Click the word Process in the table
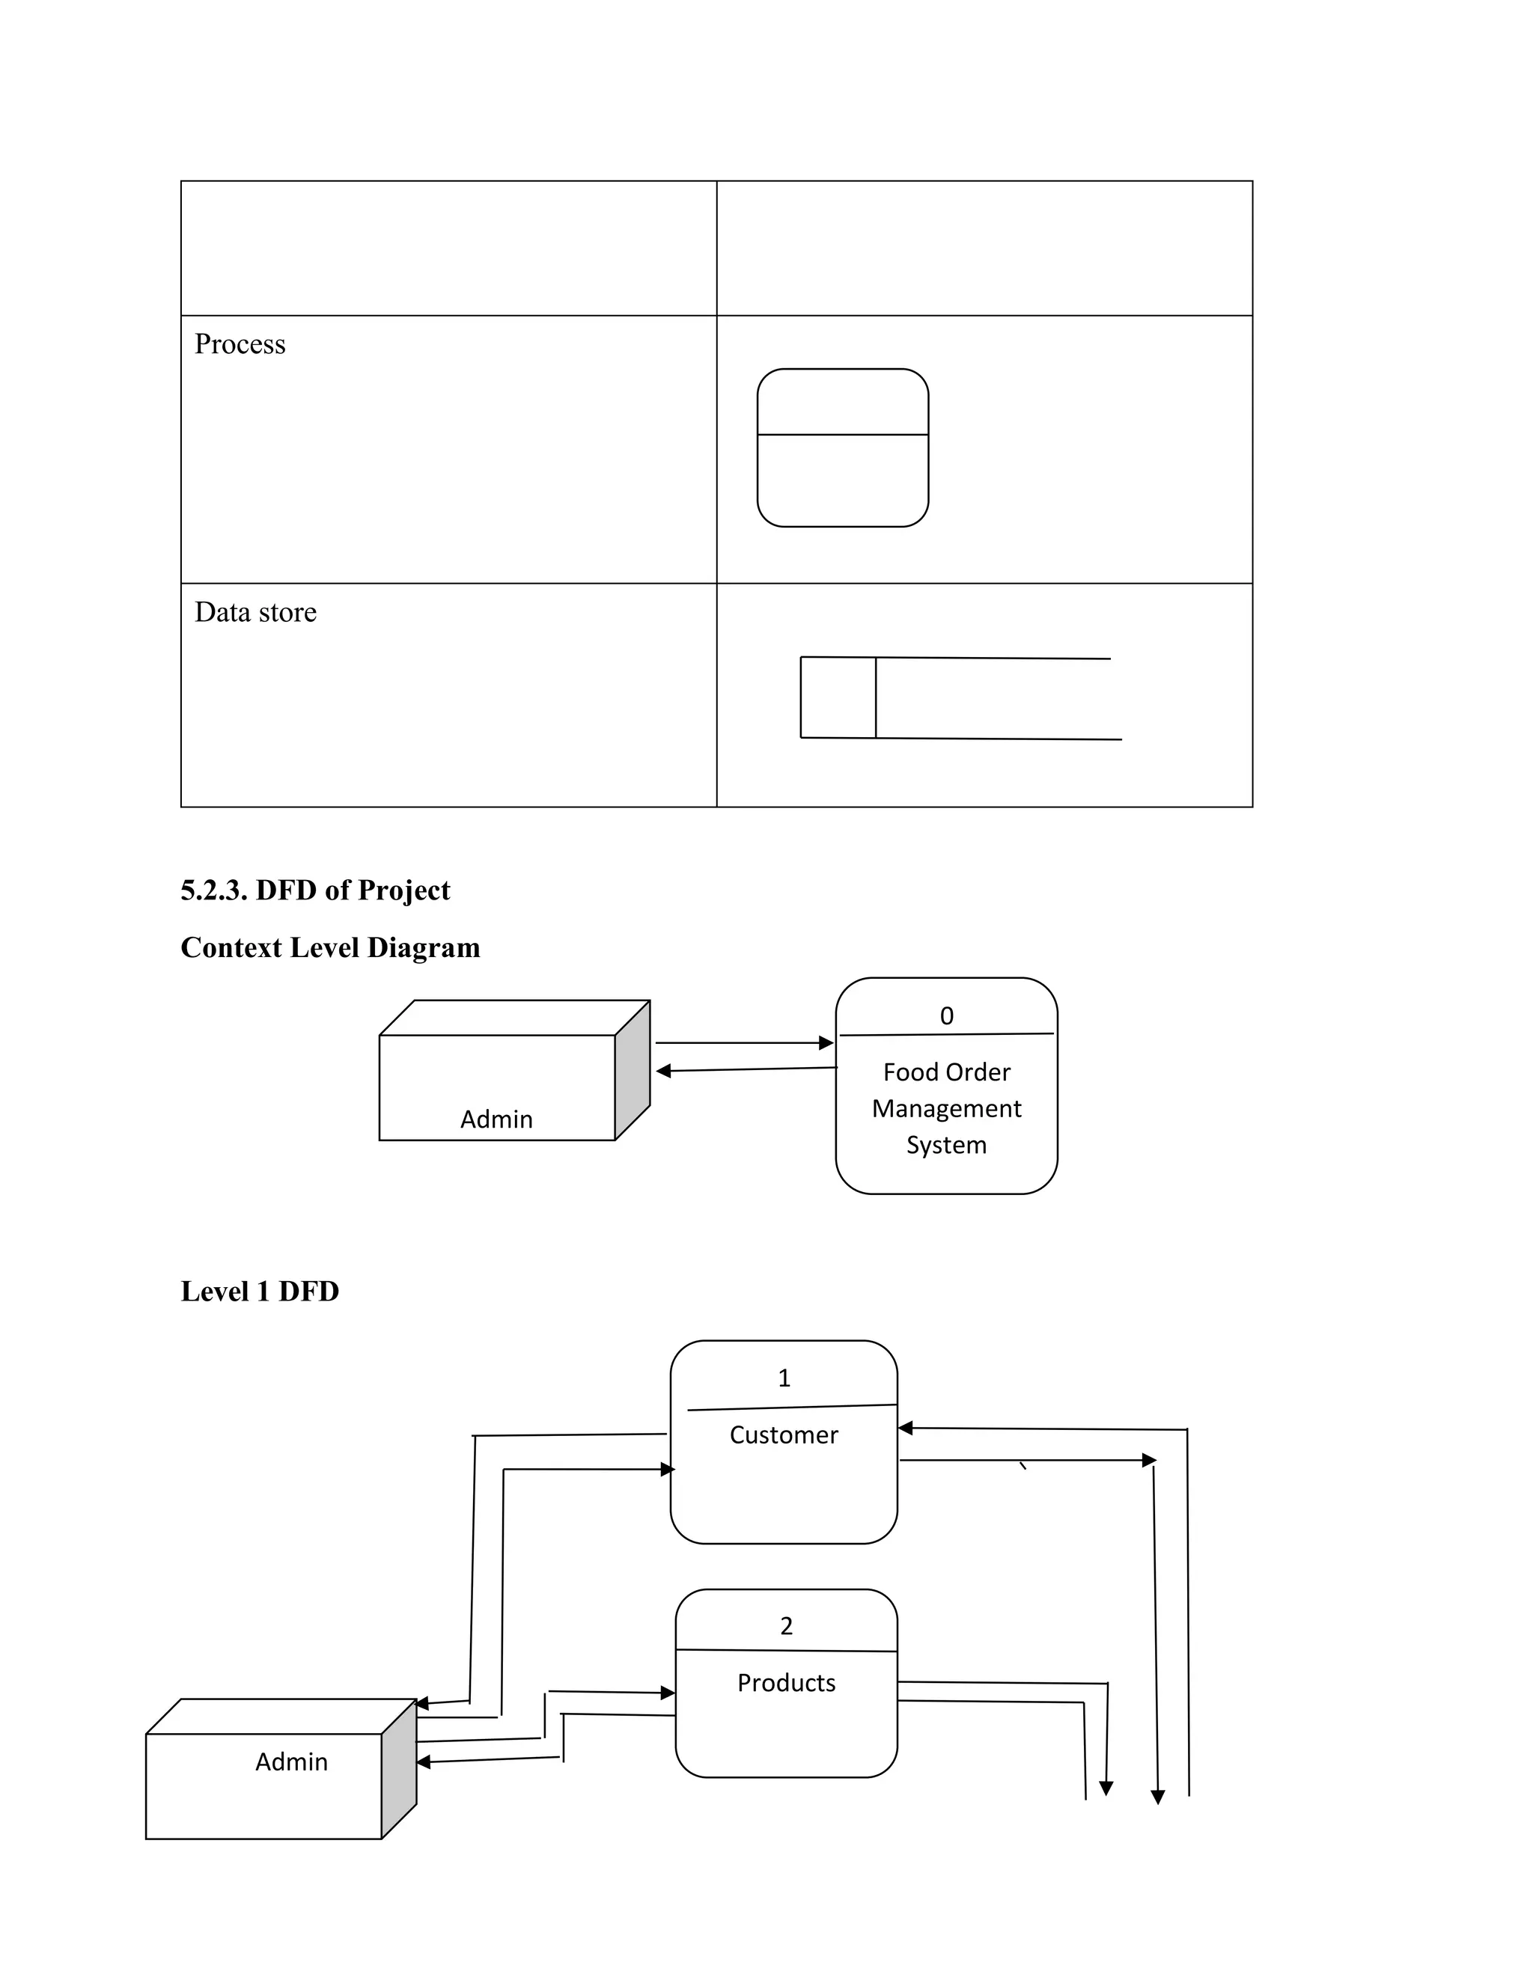[240, 344]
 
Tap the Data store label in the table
[255, 612]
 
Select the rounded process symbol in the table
[842, 447]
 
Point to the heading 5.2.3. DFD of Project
[315, 890]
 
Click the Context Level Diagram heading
[329, 947]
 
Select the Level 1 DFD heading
[260, 1291]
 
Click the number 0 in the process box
[946, 1016]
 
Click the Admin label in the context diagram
[496, 1119]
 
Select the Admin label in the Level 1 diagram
[290, 1762]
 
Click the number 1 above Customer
[784, 1378]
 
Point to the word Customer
[784, 1434]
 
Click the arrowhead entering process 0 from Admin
[826, 1043]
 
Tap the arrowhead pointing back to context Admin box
[664, 1072]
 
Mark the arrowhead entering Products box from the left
[668, 1693]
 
